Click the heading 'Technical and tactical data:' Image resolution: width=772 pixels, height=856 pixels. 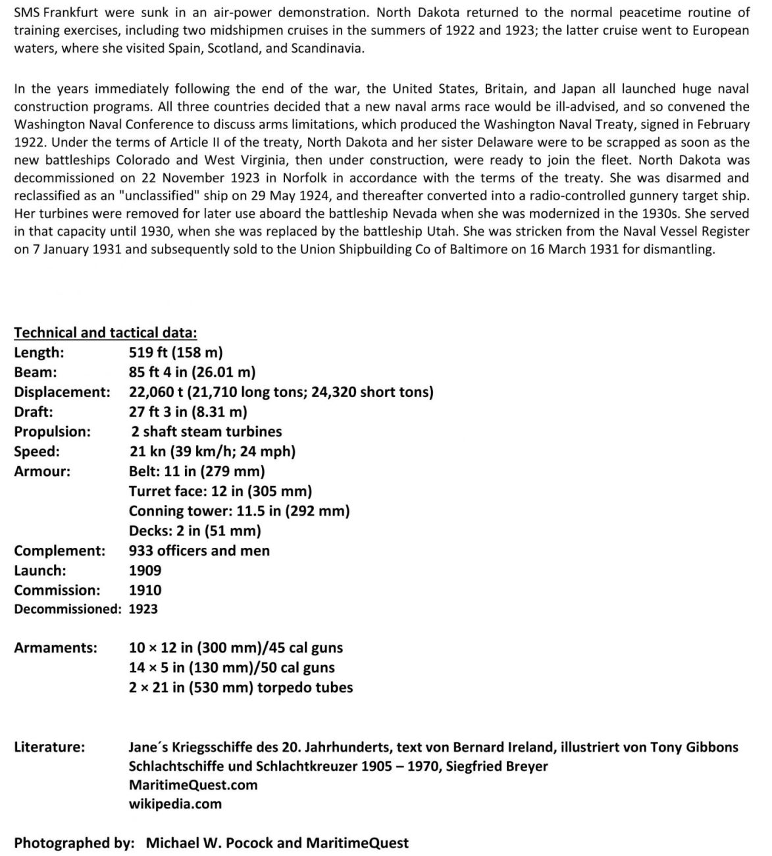[x=105, y=333]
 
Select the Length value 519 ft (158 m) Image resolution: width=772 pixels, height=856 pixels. [x=176, y=352]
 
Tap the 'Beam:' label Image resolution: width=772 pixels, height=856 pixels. [x=36, y=372]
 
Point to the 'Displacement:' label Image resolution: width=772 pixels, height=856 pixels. [x=62, y=392]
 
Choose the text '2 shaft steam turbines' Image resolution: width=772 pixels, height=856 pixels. [x=206, y=431]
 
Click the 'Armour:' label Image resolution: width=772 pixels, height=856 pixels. [x=42, y=471]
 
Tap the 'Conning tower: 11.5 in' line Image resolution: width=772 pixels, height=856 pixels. [x=239, y=511]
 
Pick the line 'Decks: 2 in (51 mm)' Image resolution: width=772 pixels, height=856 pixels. [x=195, y=531]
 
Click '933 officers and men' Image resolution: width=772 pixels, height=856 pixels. [x=199, y=550]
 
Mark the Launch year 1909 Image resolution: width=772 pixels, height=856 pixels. [x=145, y=570]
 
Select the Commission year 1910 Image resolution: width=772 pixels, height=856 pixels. [x=145, y=590]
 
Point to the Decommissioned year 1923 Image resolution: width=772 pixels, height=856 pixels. [x=143, y=609]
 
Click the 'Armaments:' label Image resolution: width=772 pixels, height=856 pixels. [x=55, y=648]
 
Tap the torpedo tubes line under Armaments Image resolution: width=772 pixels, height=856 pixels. [x=241, y=687]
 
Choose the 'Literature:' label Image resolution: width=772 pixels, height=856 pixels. [x=49, y=747]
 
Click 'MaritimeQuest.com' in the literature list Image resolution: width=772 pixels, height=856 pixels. [x=193, y=785]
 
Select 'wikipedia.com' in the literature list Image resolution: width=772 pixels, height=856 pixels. [x=175, y=804]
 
